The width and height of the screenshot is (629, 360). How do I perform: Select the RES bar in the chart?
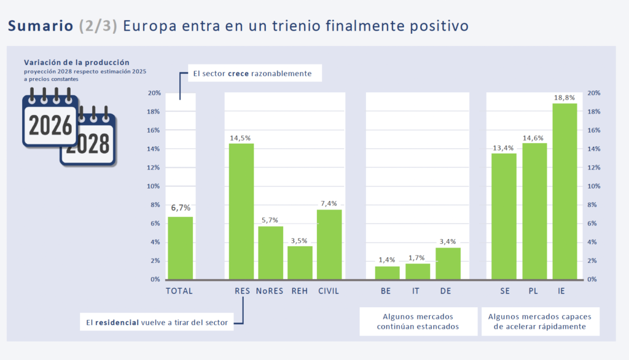(241, 211)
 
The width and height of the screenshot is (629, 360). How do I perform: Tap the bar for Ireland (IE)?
(565, 191)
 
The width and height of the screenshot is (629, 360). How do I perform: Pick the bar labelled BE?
(387, 273)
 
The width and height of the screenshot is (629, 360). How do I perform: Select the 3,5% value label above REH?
(300, 240)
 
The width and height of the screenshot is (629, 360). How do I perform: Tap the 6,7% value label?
(180, 208)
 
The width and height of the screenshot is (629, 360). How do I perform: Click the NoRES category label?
(270, 291)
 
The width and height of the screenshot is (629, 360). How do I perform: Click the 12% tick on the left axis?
(154, 168)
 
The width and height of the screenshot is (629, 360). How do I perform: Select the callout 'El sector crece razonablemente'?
(252, 74)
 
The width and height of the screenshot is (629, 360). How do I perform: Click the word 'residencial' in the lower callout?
(117, 322)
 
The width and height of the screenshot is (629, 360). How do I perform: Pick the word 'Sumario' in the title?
(41, 26)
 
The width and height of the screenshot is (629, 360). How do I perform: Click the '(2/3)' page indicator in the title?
(98, 26)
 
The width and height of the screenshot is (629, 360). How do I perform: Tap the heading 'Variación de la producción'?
(76, 62)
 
